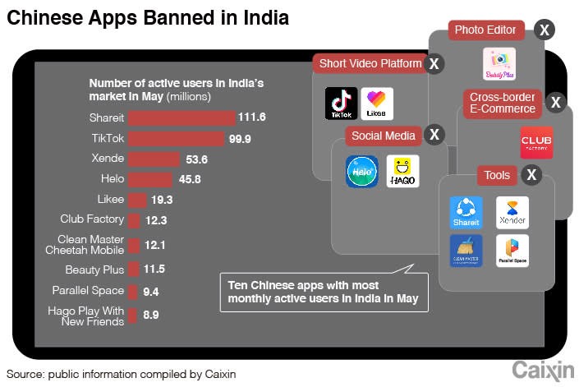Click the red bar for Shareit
(182, 118)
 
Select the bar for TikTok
(176, 138)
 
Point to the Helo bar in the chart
(150, 179)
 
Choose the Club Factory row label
(92, 219)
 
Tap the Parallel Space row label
(88, 290)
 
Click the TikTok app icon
(340, 104)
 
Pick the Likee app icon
(377, 104)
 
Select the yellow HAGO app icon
(402, 171)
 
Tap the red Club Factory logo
(536, 143)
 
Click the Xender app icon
(512, 212)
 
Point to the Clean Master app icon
(466, 251)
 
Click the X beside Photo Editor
(543, 30)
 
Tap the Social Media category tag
(384, 136)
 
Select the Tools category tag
(497, 175)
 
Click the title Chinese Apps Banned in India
(148, 17)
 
